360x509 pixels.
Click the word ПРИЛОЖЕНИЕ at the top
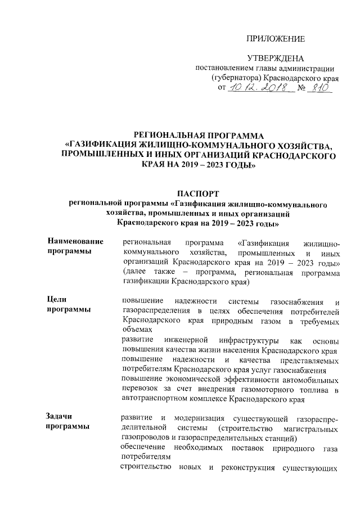[x=276, y=39]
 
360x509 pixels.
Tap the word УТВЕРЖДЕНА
[x=276, y=58]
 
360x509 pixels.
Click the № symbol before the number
[x=301, y=88]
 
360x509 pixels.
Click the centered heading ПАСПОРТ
[x=200, y=193]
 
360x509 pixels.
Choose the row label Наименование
[x=76, y=242]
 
